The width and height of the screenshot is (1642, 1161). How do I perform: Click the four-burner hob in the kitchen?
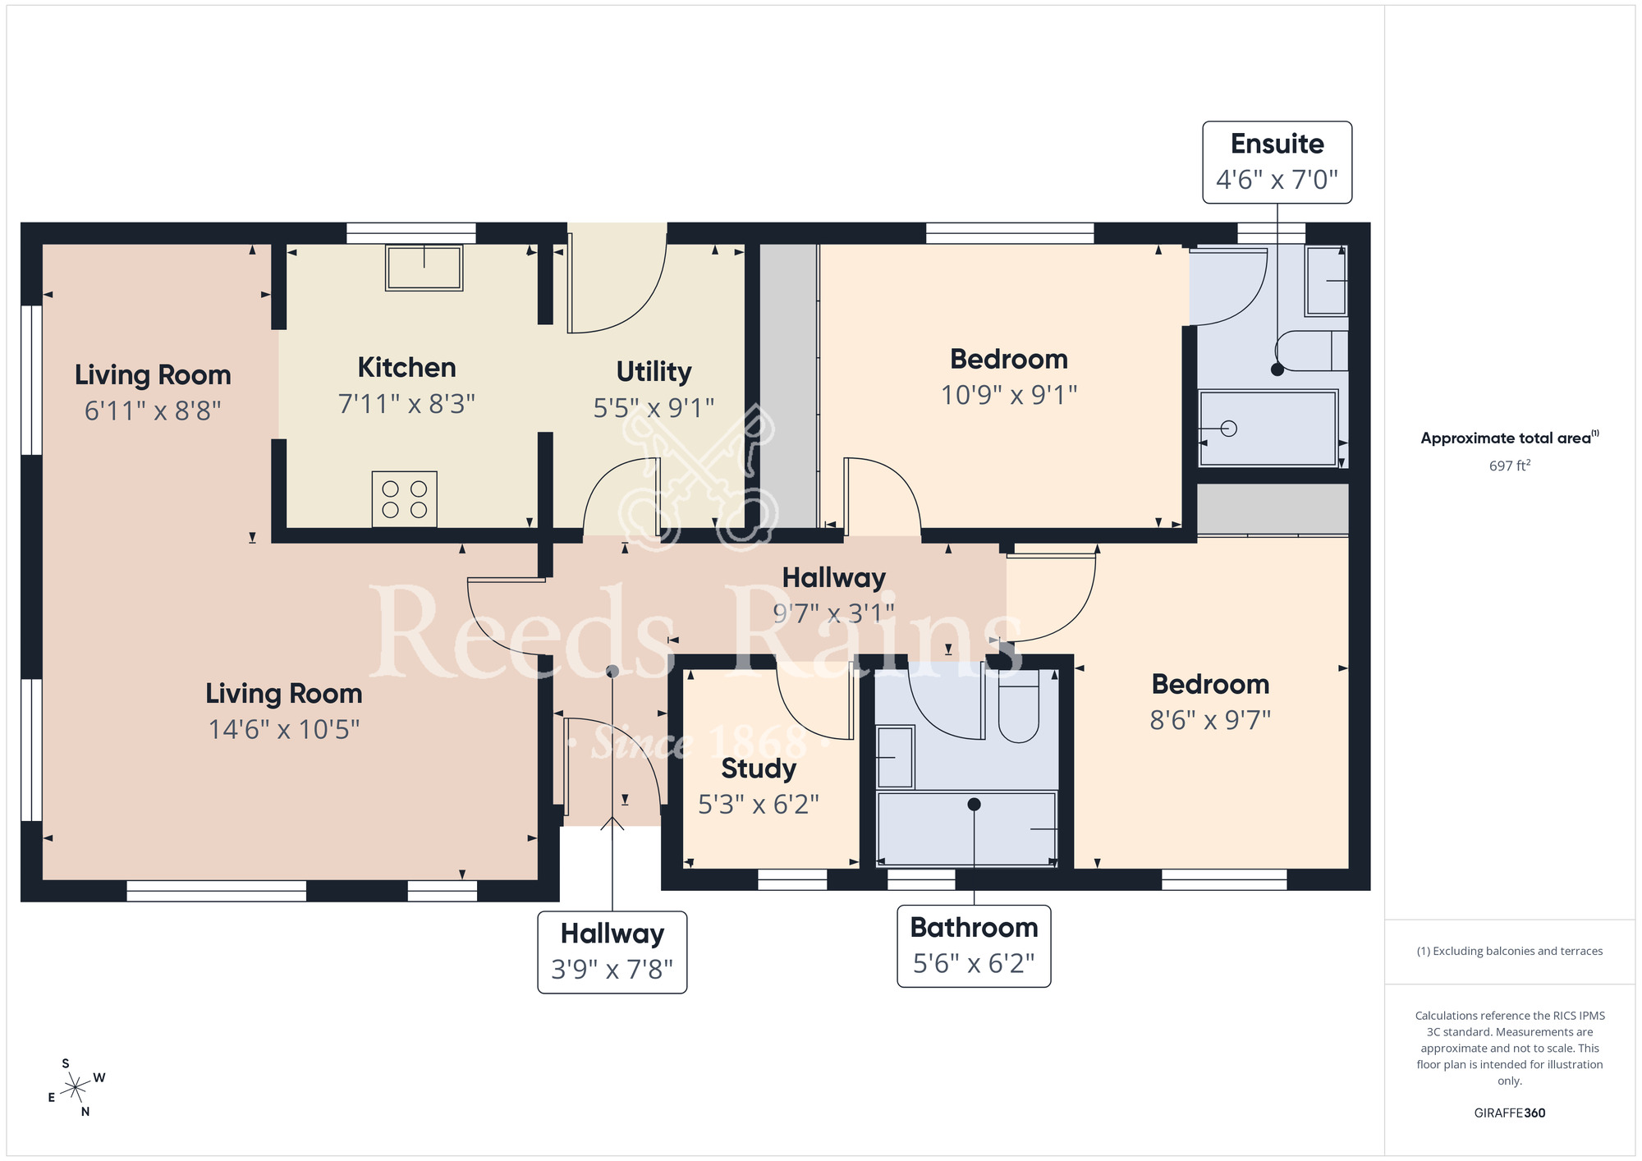click(404, 498)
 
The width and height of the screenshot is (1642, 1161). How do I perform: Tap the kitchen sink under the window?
click(424, 268)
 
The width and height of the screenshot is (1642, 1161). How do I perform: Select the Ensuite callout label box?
click(1277, 163)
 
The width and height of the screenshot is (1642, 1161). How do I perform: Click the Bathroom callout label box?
click(974, 946)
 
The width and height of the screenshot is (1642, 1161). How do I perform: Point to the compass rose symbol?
click(76, 1088)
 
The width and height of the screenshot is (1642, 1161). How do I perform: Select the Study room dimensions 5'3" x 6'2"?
click(758, 805)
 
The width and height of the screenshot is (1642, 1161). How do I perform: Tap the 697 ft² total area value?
click(1509, 466)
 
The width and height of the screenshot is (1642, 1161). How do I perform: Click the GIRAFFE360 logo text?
click(1509, 1113)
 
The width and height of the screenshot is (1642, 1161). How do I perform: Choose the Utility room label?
click(654, 372)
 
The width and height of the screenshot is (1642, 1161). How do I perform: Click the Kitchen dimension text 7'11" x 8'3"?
click(406, 404)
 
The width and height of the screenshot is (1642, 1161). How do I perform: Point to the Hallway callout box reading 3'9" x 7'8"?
click(612, 952)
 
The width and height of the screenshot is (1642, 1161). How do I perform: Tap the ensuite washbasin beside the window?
click(1326, 281)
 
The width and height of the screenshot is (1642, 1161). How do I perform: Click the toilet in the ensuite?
click(1314, 351)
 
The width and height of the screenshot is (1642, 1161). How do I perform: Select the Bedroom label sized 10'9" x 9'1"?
click(1008, 360)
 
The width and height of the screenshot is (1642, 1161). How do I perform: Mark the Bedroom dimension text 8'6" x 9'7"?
click(1210, 720)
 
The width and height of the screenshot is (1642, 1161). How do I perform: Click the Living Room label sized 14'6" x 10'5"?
click(283, 694)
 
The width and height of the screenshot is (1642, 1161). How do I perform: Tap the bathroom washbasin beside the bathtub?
click(895, 757)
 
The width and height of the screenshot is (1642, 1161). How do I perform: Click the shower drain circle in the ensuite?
click(1229, 429)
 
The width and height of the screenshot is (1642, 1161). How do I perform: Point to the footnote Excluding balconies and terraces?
click(1509, 952)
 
